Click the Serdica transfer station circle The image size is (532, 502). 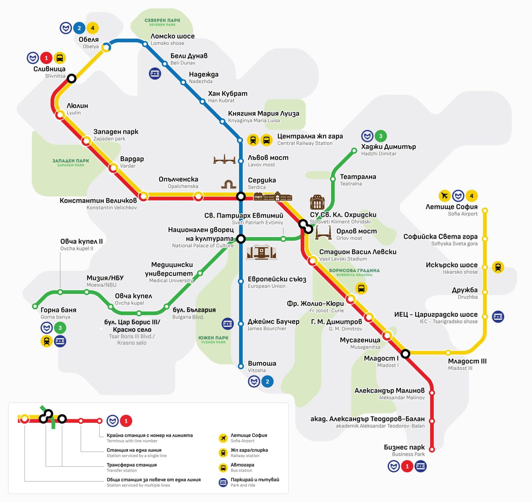pos(241,197)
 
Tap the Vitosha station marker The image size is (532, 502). pos(241,366)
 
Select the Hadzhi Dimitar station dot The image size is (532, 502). pos(354,151)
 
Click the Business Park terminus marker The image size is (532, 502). pos(432,449)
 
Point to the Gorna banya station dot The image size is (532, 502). pos(35,306)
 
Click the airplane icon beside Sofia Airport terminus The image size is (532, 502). pos(444,196)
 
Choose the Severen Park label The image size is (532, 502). pos(162,22)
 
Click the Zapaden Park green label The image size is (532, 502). pos(71,162)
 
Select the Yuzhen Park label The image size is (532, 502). pos(213,339)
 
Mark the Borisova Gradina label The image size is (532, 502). pos(354,272)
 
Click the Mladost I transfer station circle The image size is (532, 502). pos(405,354)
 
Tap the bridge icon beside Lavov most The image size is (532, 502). pos(224,159)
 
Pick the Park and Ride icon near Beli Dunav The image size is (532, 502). pos(155,73)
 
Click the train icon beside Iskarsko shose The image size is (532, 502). pos(498,267)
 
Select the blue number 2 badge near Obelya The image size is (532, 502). pos(79,28)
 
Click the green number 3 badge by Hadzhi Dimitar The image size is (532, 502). pos(381,136)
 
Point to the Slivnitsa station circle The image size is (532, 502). pos(71,79)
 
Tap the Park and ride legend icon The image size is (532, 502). pos(223,482)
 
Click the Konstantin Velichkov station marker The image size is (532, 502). pos(143,196)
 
